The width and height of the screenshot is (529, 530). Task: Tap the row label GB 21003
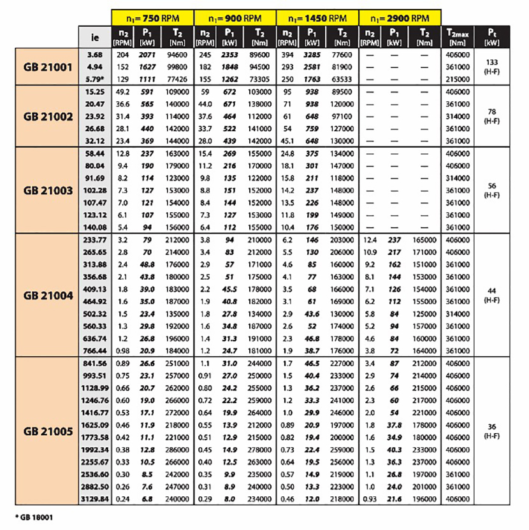pyautogui.click(x=48, y=190)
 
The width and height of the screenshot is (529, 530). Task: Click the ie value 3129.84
pyautogui.click(x=94, y=499)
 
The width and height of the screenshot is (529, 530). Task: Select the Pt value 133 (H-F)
pyautogui.click(x=491, y=65)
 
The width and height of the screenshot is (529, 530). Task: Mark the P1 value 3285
pyautogui.click(x=312, y=55)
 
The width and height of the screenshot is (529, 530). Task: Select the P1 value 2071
pyautogui.click(x=147, y=55)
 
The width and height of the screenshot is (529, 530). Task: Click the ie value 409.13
pyautogui.click(x=94, y=289)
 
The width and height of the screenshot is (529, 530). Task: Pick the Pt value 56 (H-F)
pyautogui.click(x=491, y=190)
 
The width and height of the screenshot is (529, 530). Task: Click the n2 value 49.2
pyautogui.click(x=121, y=92)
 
